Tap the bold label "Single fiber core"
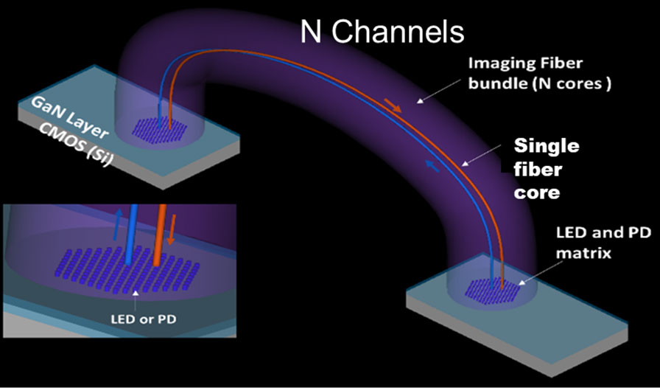tap(546, 169)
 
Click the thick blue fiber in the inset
tap(132, 232)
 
